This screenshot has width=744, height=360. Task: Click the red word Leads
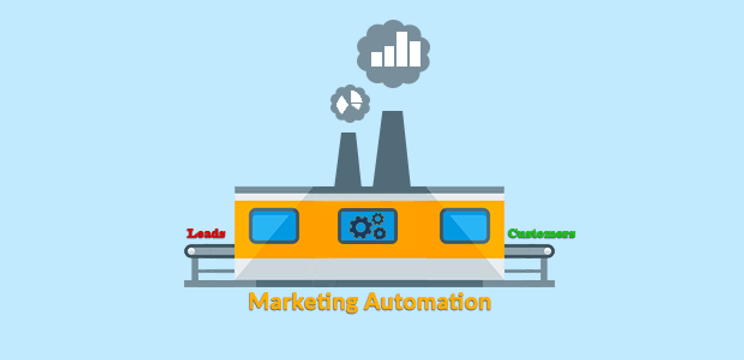[x=206, y=233]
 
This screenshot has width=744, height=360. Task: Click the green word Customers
[x=541, y=234]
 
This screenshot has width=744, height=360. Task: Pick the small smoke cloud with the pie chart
[x=350, y=102]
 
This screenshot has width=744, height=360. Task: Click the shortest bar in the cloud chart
[x=377, y=59]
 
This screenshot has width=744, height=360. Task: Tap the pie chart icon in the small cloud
[x=350, y=102]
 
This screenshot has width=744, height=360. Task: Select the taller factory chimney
[x=392, y=150]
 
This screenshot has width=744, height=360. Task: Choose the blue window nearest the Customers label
[x=465, y=225]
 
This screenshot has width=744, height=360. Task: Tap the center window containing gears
[x=368, y=226]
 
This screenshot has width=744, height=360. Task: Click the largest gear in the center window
[x=360, y=229]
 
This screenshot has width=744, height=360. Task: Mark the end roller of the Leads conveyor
[x=191, y=250]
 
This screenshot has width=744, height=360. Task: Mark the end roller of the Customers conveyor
[x=549, y=250]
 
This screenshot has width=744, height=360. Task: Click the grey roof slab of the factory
[x=370, y=189]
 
